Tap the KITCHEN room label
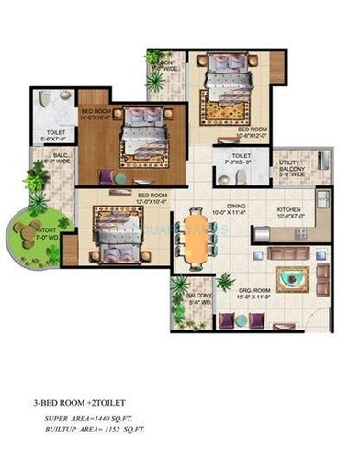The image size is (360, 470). (x=289, y=209)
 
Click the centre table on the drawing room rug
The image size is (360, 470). (x=298, y=277)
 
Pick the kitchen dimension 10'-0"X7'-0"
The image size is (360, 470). (x=289, y=217)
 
